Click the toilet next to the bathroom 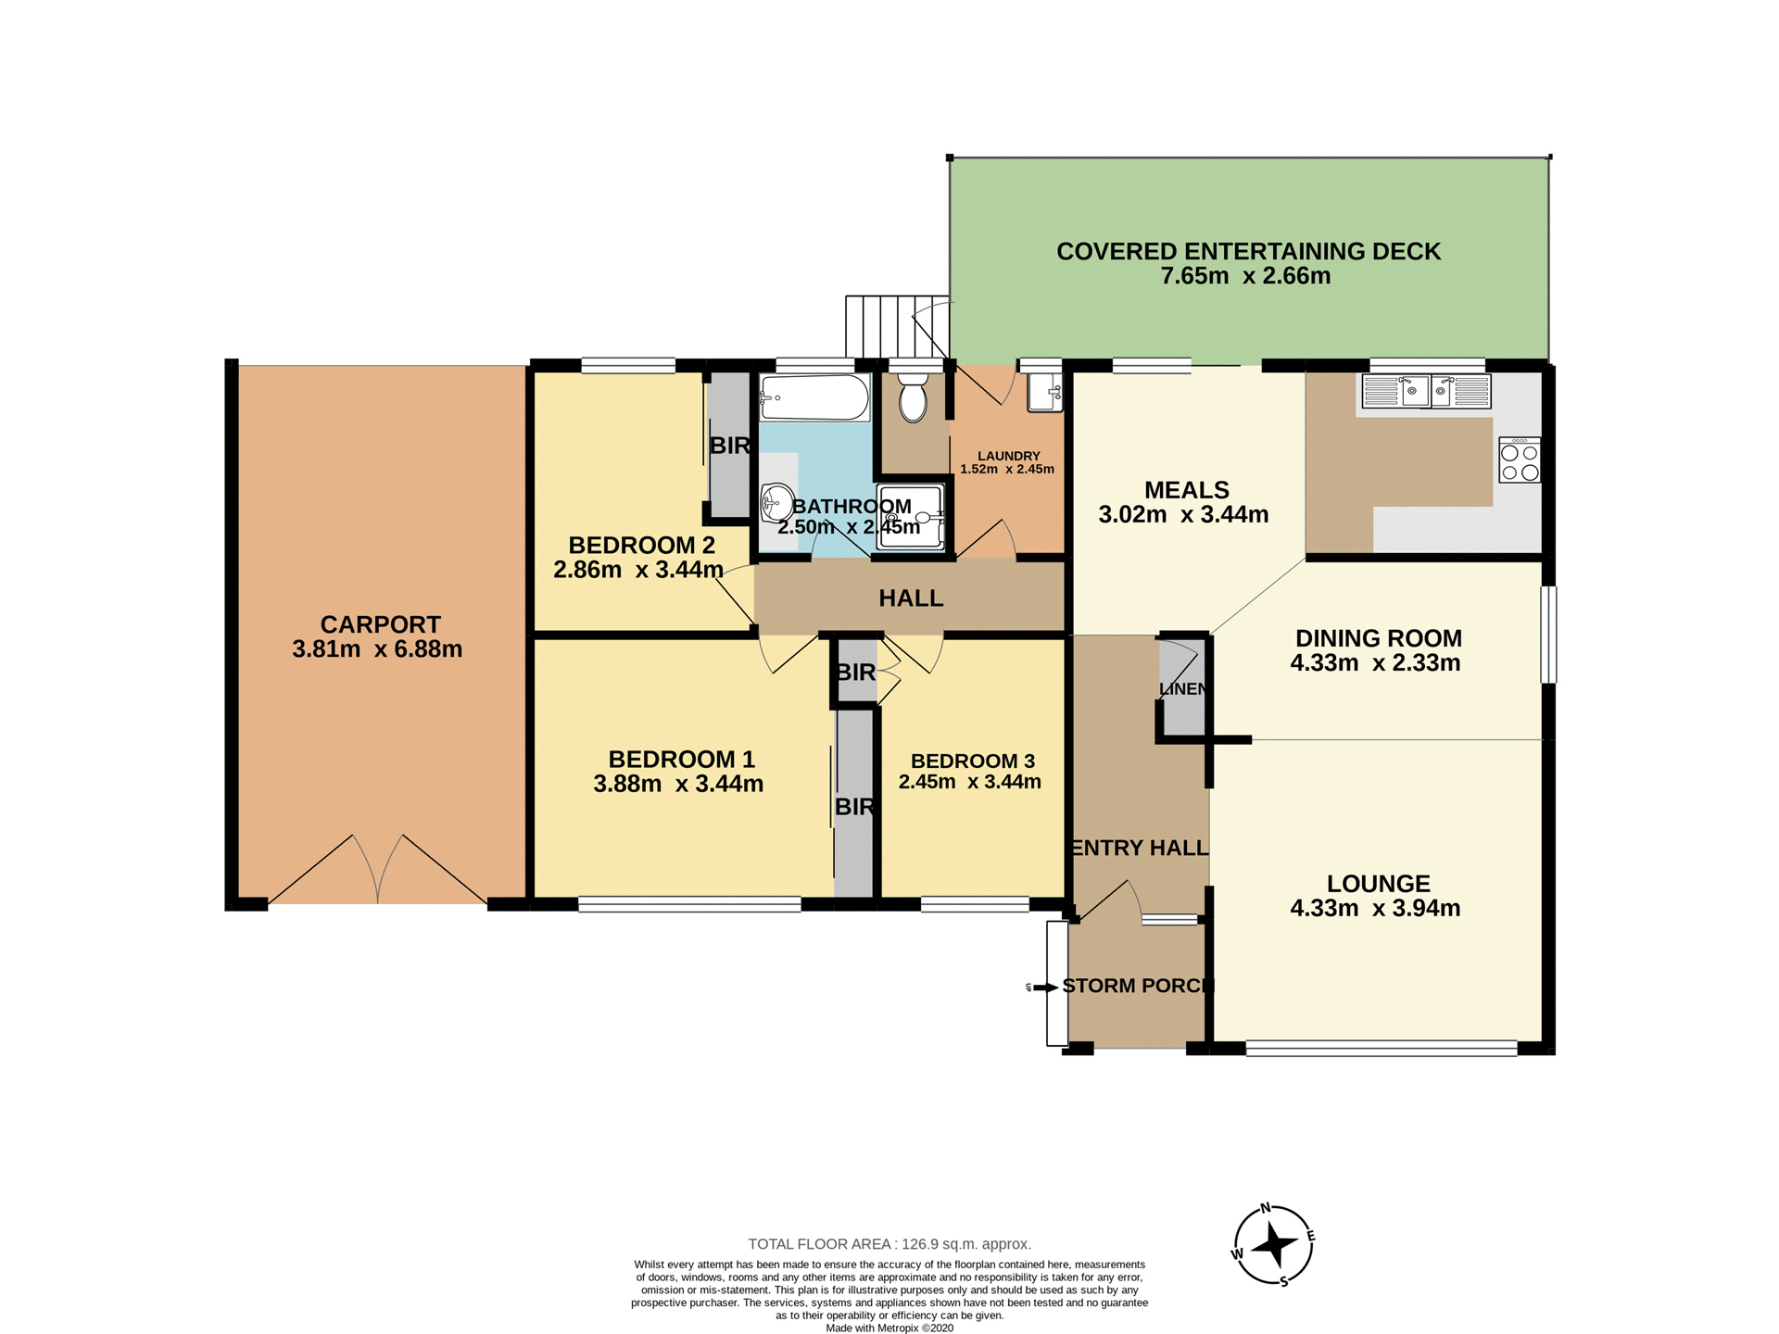913,398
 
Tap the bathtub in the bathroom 814,397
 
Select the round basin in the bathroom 776,504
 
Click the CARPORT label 380,624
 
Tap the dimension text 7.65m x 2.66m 1245,276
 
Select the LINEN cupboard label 1183,689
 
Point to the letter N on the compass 1266,1209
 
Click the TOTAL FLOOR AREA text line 889,1244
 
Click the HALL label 911,598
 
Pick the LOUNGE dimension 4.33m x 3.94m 1375,909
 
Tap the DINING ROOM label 1378,638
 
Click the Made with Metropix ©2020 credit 889,1328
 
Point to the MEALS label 1186,490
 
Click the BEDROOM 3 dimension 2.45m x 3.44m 969,782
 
